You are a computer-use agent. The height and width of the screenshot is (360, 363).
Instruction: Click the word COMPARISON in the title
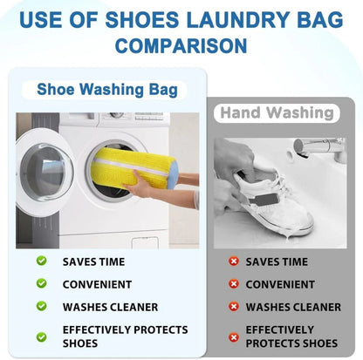point(181,44)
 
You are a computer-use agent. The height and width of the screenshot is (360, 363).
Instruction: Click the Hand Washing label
point(277,113)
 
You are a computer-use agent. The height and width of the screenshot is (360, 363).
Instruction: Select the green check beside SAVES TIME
point(41,261)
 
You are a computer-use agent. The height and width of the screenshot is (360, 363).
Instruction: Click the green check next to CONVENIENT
point(41,283)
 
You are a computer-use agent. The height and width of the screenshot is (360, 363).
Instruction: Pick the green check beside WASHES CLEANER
point(41,306)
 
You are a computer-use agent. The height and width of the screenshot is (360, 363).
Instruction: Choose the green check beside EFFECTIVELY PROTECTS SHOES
point(41,336)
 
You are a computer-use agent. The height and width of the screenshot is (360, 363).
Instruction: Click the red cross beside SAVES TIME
point(233,262)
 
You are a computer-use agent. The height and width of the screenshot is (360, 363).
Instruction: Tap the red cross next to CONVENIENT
point(233,283)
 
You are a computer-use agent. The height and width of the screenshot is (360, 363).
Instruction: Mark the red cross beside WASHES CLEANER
point(233,306)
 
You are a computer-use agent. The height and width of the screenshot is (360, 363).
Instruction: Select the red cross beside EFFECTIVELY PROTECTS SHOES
point(233,336)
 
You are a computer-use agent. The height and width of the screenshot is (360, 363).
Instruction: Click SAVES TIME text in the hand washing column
point(277,262)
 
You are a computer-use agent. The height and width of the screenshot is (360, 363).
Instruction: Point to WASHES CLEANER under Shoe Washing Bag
point(110,307)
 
